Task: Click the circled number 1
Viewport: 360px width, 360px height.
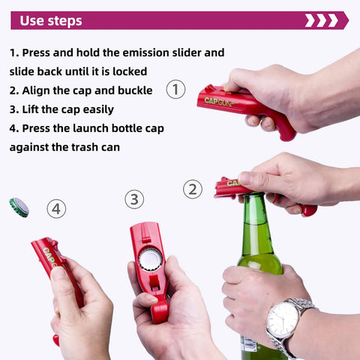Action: click(x=175, y=90)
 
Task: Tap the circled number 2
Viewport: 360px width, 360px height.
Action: click(x=193, y=189)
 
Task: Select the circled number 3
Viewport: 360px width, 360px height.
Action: click(x=133, y=199)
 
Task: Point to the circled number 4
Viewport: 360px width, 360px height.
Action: click(x=56, y=208)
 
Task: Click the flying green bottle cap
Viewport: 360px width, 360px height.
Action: click(x=19, y=207)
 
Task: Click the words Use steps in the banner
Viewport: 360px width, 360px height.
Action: click(x=51, y=20)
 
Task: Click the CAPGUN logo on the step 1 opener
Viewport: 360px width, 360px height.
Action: click(x=220, y=101)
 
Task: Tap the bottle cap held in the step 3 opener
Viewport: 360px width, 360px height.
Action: click(x=151, y=259)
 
